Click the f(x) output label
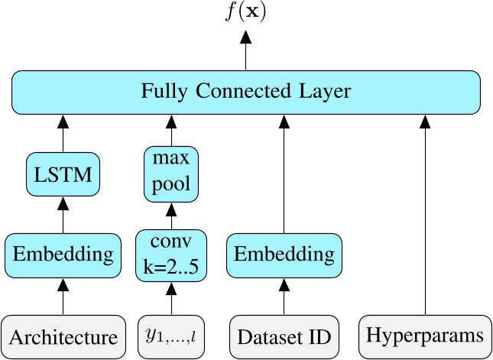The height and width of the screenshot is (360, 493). (x=245, y=12)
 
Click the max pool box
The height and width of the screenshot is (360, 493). (x=171, y=175)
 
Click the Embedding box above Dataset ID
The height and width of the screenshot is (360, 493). (x=283, y=254)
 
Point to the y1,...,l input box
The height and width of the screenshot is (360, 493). (x=171, y=335)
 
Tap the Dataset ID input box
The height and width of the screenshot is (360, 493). (x=283, y=335)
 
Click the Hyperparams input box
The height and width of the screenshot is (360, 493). (x=424, y=335)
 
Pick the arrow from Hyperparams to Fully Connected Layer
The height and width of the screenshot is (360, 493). (x=424, y=214)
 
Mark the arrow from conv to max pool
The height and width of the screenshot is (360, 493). (x=171, y=214)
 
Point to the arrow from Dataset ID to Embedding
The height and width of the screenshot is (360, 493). (x=283, y=295)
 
